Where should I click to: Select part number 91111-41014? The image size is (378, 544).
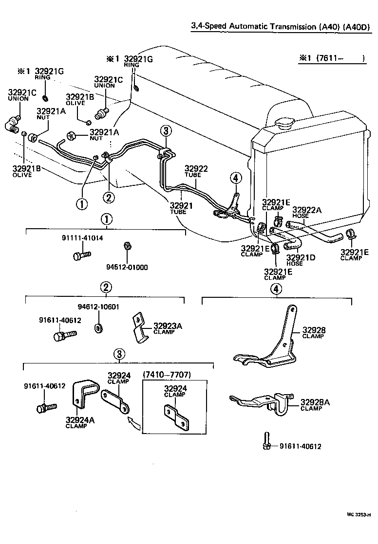82,238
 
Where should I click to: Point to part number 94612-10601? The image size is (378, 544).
98,307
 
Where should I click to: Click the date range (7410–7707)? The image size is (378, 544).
166,374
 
